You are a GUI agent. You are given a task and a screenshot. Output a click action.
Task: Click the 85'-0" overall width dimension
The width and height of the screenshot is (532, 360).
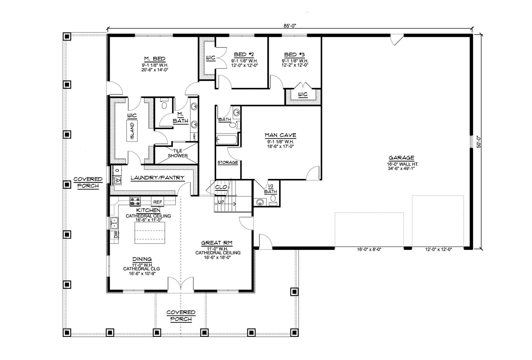click(290, 25)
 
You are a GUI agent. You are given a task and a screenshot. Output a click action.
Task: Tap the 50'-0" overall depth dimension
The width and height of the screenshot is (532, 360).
click(479, 142)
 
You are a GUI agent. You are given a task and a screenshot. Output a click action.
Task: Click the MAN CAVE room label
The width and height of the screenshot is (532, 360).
click(280, 135)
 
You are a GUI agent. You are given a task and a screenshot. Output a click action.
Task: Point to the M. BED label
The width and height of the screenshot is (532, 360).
click(154, 59)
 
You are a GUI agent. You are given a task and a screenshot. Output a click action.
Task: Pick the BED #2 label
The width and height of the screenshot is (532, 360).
click(244, 55)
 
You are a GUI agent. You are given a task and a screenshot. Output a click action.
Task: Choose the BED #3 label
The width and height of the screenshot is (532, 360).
click(295, 55)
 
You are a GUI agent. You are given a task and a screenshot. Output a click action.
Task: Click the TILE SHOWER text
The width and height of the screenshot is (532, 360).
click(178, 153)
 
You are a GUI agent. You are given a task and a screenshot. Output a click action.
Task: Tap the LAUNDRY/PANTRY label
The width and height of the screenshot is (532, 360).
click(158, 178)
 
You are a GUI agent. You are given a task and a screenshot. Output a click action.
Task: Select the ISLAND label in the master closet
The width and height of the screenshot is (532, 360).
click(132, 131)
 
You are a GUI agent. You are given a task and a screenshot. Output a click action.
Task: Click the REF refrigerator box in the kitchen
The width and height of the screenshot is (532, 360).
click(158, 202)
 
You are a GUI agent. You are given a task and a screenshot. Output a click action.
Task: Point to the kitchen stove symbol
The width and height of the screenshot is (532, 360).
click(135, 201)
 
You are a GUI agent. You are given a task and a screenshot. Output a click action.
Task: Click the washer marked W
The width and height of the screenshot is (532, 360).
click(117, 180)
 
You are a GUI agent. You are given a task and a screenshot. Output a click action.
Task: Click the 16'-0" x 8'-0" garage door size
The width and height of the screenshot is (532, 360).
click(369, 249)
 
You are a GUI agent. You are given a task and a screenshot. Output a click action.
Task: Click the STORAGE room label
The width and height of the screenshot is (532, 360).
click(227, 162)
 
